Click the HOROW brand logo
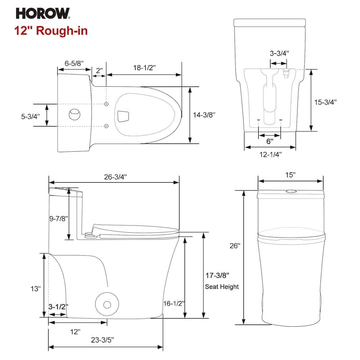(43, 13)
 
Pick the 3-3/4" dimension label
(279, 53)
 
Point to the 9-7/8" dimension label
(58, 218)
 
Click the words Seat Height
(222, 287)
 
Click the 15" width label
(290, 174)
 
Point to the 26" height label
(235, 246)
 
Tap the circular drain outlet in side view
(107, 304)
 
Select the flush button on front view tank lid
(291, 192)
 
